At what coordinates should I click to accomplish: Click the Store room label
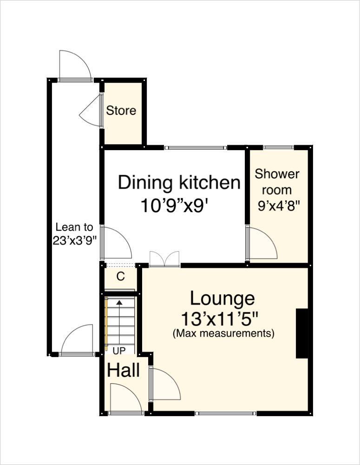coord(121,111)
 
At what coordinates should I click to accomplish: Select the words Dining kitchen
coord(179,183)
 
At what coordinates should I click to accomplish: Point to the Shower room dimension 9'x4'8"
coord(277,205)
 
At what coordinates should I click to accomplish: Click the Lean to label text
coord(74,227)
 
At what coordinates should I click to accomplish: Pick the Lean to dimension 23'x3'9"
coord(74,240)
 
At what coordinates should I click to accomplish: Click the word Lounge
coord(222,298)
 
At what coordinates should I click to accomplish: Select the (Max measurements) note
coord(223,333)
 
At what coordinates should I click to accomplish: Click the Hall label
coord(124,371)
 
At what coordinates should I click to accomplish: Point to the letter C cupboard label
coord(120,277)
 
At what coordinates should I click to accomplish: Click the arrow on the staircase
coord(119,303)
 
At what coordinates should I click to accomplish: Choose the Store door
coord(91,112)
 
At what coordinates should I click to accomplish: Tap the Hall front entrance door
coord(125,400)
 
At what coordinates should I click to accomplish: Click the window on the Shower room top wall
coord(278,147)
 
